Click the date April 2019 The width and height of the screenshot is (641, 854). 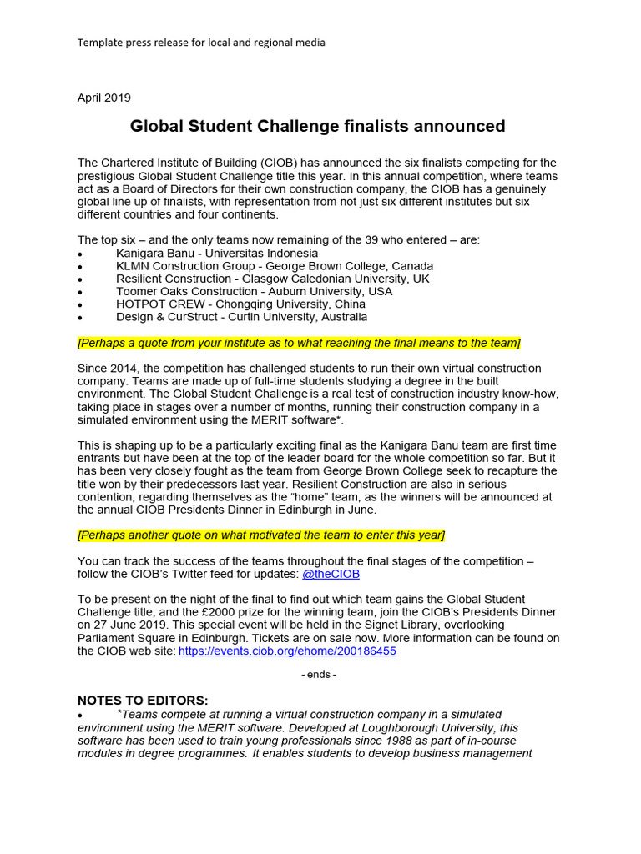tap(104, 98)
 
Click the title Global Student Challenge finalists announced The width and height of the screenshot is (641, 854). tap(317, 127)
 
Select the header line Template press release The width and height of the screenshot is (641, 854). tap(201, 42)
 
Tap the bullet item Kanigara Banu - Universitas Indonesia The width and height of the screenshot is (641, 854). tap(217, 253)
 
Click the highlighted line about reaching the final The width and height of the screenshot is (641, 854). tap(299, 343)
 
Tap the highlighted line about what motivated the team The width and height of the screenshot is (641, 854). tap(261, 535)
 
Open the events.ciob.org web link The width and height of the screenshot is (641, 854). tap(287, 651)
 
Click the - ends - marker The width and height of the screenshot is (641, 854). tap(319, 674)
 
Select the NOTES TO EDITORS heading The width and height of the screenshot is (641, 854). tap(143, 700)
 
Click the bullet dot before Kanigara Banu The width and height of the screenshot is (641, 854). tap(80, 254)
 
